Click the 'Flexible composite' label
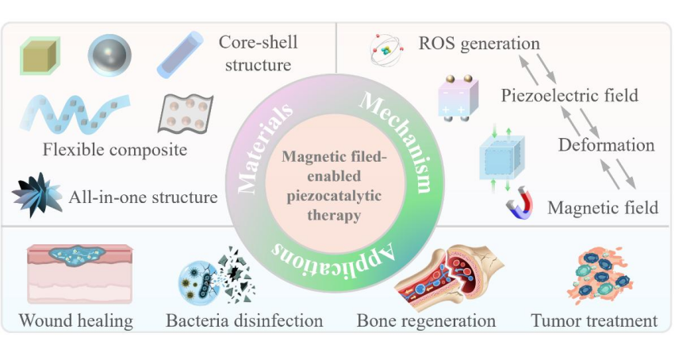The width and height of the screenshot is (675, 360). pos(115,149)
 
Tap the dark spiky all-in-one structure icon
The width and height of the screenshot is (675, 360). pos(37,194)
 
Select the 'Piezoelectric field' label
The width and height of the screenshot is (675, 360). pos(570,96)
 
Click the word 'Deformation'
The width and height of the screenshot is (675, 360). pos(606,145)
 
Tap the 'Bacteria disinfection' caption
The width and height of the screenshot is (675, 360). pos(244,321)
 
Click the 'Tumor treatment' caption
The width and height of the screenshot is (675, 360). pos(594,321)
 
